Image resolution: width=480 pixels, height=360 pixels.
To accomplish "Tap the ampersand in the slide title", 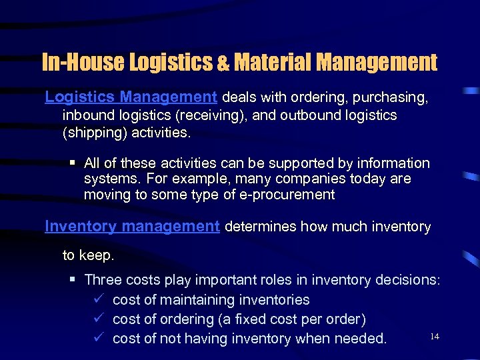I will [x=222, y=63].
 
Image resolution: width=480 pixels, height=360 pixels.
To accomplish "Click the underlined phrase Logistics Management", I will [x=131, y=97].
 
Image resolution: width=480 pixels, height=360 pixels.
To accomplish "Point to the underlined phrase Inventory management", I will [x=132, y=227].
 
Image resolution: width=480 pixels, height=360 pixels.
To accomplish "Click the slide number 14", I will [x=435, y=337].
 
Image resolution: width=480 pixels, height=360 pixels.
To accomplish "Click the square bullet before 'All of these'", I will [x=73, y=163].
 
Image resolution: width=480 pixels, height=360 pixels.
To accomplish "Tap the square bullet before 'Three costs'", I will [x=73, y=280].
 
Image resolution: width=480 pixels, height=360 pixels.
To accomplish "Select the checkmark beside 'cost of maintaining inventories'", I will [x=97, y=300].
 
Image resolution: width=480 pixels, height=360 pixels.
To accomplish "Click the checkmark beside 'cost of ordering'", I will [x=97, y=319].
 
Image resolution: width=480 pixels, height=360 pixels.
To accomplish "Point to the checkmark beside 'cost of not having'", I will [x=97, y=338].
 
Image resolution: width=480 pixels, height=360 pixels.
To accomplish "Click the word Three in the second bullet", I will [x=103, y=280].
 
